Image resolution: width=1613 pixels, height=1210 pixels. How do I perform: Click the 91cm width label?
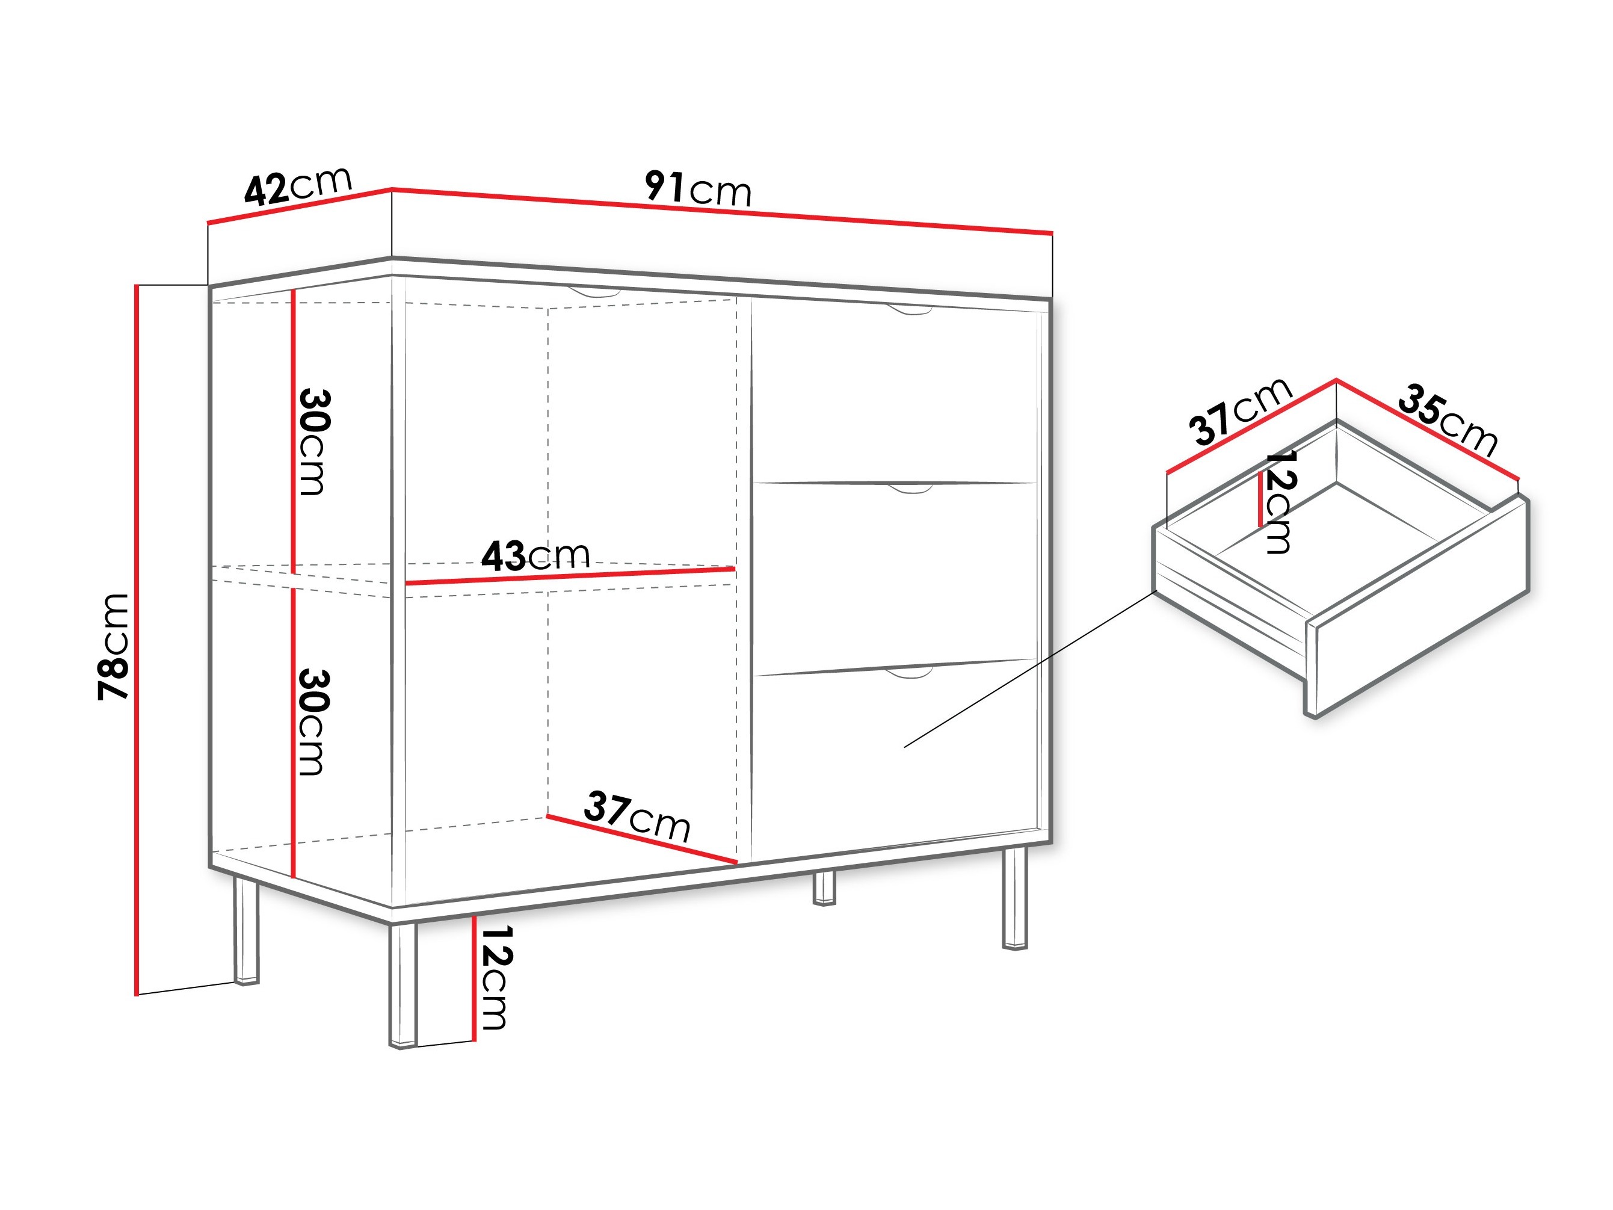click(x=697, y=189)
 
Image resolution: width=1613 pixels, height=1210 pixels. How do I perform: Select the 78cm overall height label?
click(x=114, y=647)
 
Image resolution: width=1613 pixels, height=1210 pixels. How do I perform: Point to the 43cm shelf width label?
click(x=535, y=556)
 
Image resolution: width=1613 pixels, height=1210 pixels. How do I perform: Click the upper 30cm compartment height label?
click(x=314, y=442)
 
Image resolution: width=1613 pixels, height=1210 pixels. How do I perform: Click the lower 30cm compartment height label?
click(x=314, y=722)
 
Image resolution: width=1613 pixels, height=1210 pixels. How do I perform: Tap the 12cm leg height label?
click(x=496, y=977)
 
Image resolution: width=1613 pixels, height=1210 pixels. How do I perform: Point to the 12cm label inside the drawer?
click(x=1280, y=502)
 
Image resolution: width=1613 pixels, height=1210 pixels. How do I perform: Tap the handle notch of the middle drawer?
click(x=910, y=489)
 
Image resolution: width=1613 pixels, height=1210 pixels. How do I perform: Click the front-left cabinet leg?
click(x=402, y=984)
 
